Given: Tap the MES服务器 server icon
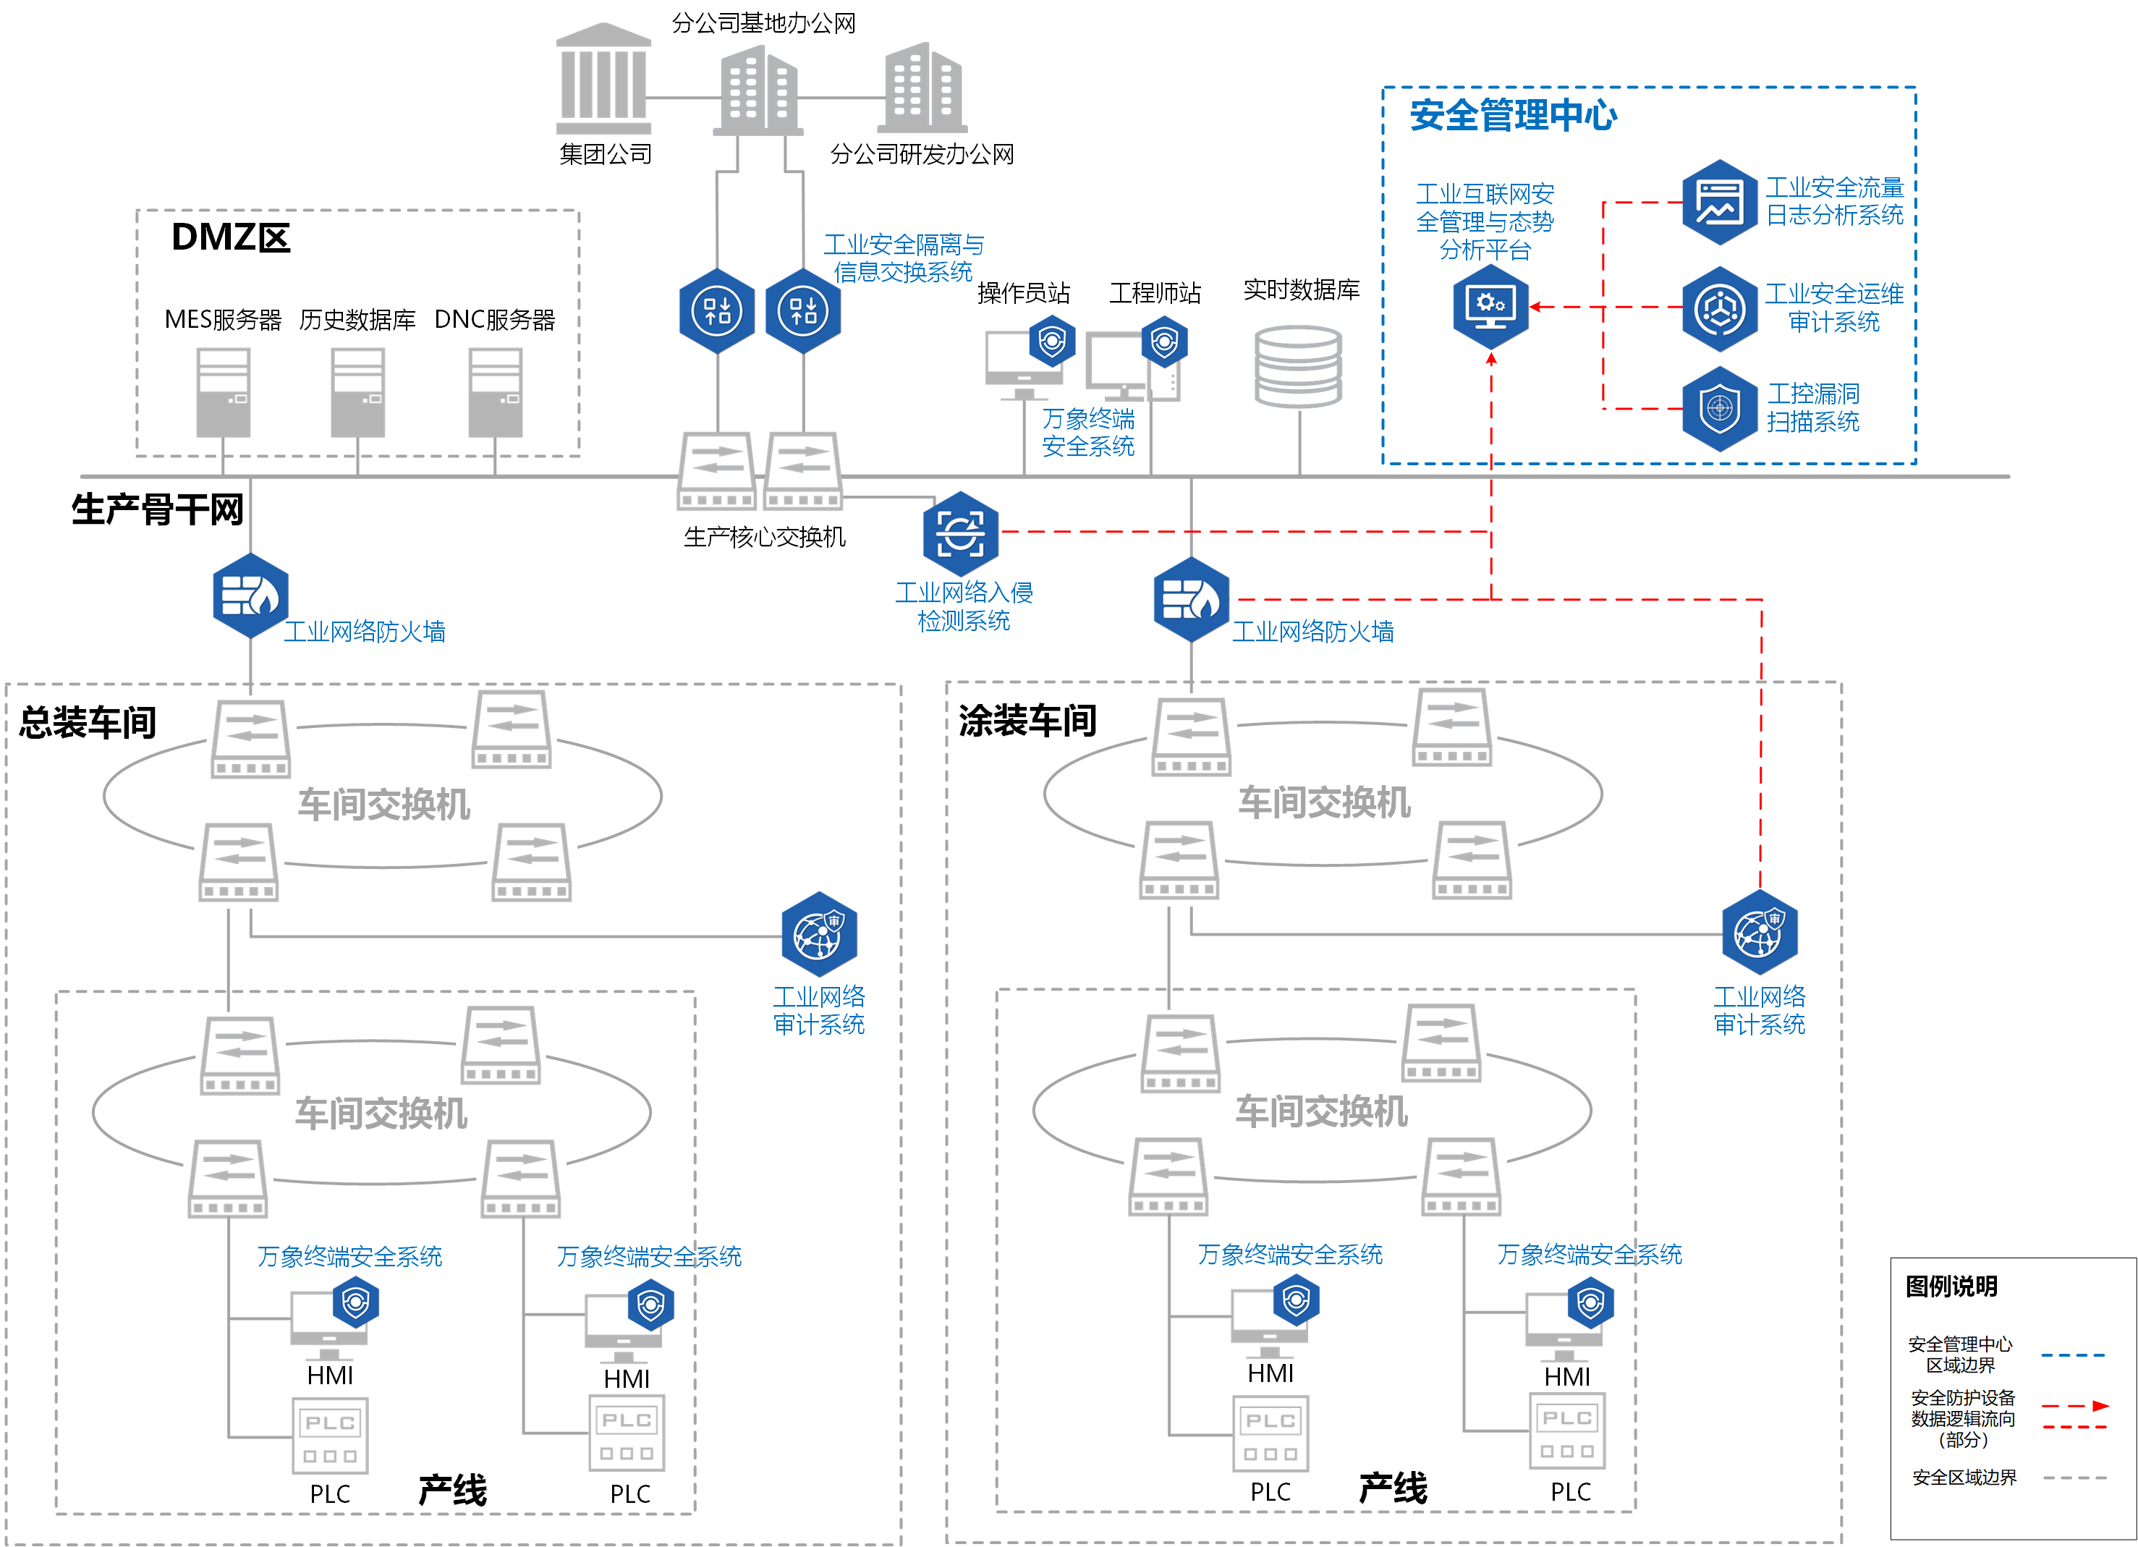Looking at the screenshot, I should [224, 392].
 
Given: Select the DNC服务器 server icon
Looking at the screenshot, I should [495, 392].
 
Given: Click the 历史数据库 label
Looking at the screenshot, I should [357, 321].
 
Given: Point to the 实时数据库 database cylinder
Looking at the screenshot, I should [1298, 366].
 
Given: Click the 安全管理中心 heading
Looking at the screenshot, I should [1513, 116].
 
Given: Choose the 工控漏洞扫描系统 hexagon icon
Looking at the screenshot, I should [1720, 409].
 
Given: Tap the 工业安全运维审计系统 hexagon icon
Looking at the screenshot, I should [1720, 308].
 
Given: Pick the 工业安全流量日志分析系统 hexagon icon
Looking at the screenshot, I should [1720, 202].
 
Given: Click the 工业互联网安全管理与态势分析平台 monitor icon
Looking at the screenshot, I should [1490, 306].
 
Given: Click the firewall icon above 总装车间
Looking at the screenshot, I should [250, 596].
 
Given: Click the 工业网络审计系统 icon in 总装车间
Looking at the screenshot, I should [818, 933].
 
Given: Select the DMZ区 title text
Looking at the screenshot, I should [231, 237].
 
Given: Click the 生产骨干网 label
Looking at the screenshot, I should [158, 510].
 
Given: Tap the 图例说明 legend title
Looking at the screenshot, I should [1951, 1286].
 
